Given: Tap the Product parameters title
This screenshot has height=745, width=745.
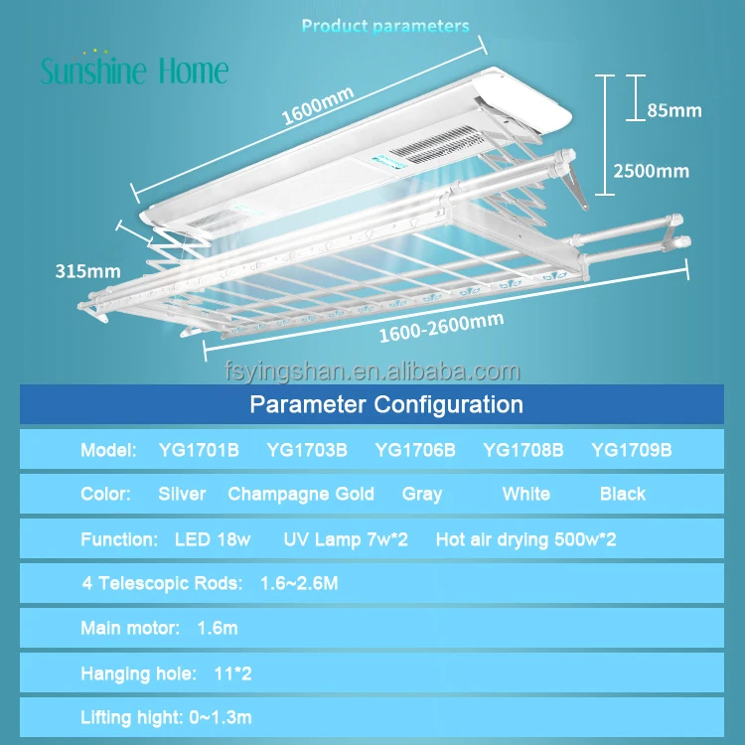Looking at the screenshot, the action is [x=385, y=27].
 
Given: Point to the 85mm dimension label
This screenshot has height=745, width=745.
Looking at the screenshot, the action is [x=673, y=110].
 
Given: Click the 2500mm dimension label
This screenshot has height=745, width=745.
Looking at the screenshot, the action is [x=652, y=171].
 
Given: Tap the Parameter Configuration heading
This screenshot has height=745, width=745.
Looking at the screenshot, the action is [x=385, y=404].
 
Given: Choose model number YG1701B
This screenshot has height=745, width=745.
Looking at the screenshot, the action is [x=199, y=450].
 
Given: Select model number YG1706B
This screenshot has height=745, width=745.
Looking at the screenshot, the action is [x=415, y=450].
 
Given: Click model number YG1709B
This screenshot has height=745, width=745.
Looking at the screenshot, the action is [x=632, y=450].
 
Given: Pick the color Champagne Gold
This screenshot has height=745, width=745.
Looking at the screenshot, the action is [x=301, y=494].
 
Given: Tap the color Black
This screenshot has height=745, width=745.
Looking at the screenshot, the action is [x=623, y=494].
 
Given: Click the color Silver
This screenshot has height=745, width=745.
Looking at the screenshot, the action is [x=182, y=494].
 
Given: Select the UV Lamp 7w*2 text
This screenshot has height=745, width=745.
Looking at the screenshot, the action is [x=346, y=540].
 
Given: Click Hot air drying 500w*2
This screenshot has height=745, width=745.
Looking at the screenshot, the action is [x=525, y=540].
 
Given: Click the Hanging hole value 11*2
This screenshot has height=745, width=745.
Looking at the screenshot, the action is [x=232, y=673].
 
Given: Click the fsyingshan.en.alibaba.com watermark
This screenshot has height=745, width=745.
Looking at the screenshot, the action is [x=371, y=372].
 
